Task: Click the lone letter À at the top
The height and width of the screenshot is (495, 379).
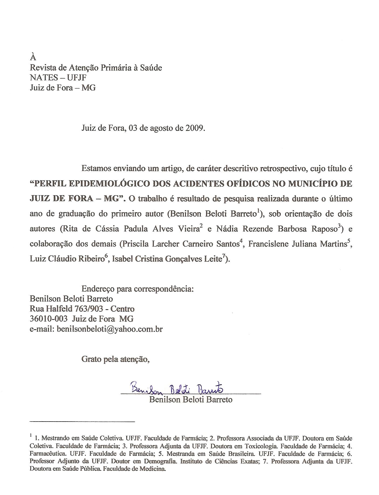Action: [x=33, y=57]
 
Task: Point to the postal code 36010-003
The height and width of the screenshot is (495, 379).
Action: [x=49, y=319]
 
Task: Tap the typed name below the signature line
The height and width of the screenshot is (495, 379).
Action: [x=191, y=399]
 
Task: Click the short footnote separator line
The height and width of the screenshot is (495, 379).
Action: [x=82, y=421]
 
